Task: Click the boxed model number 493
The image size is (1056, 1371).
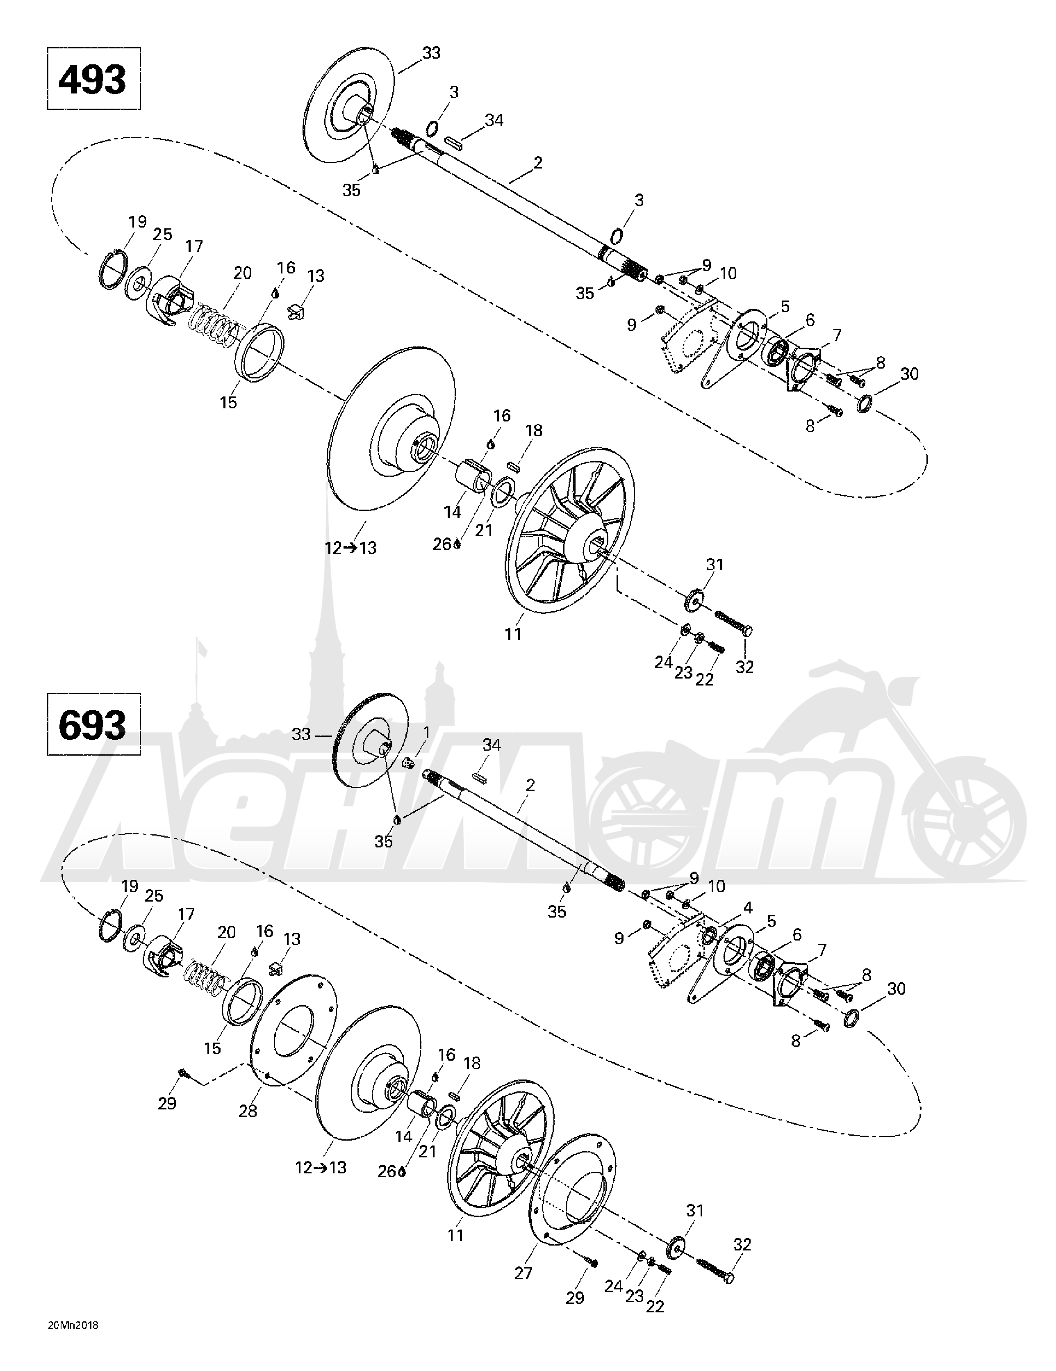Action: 93,79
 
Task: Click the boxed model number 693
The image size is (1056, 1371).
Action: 93,724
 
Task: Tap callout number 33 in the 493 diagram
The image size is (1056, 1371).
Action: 431,53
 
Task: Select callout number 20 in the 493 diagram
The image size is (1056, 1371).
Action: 242,273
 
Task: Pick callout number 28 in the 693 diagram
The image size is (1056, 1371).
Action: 248,1111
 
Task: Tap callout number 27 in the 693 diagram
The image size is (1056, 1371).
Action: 523,1273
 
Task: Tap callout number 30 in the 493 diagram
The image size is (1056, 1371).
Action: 909,374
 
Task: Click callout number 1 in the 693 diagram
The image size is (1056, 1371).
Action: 427,732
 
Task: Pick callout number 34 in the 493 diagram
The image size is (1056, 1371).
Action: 494,120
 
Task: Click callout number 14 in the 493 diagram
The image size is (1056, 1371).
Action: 453,512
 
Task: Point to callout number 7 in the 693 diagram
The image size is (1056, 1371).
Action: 821,950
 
